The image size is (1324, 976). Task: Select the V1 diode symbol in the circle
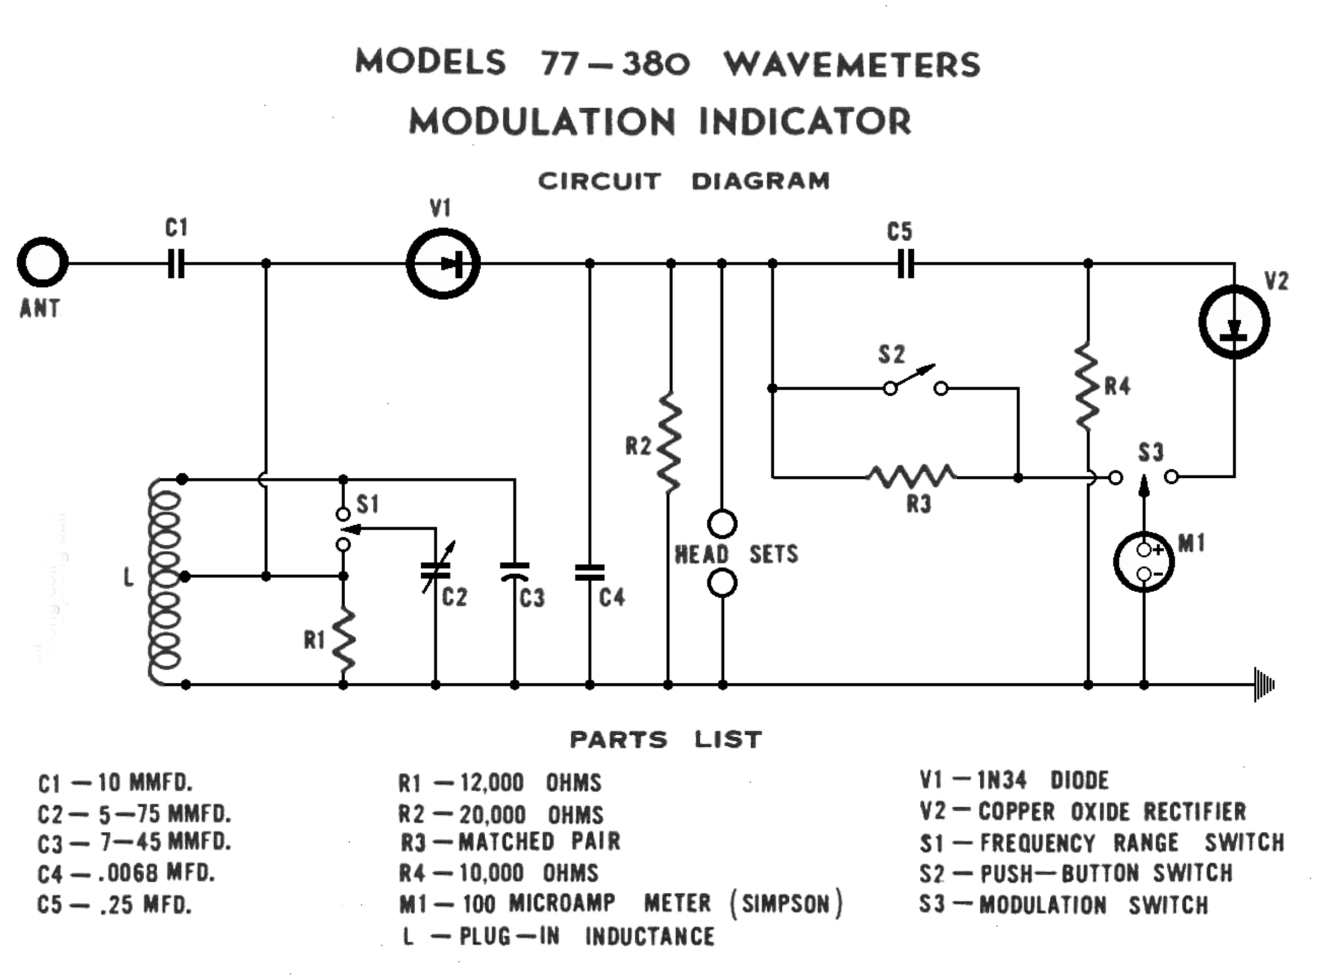(443, 264)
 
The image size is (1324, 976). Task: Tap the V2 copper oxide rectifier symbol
(1234, 323)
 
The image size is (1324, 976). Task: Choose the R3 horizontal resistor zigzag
(912, 476)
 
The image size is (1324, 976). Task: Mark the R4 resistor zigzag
(1088, 387)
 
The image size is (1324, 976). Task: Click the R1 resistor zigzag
(343, 641)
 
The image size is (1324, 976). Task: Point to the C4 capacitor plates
(589, 572)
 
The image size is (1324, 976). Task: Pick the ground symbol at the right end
(1264, 685)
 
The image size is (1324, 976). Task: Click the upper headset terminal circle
(722, 523)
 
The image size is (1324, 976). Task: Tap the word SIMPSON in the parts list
(786, 904)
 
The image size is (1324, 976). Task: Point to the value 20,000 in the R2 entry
(492, 815)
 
